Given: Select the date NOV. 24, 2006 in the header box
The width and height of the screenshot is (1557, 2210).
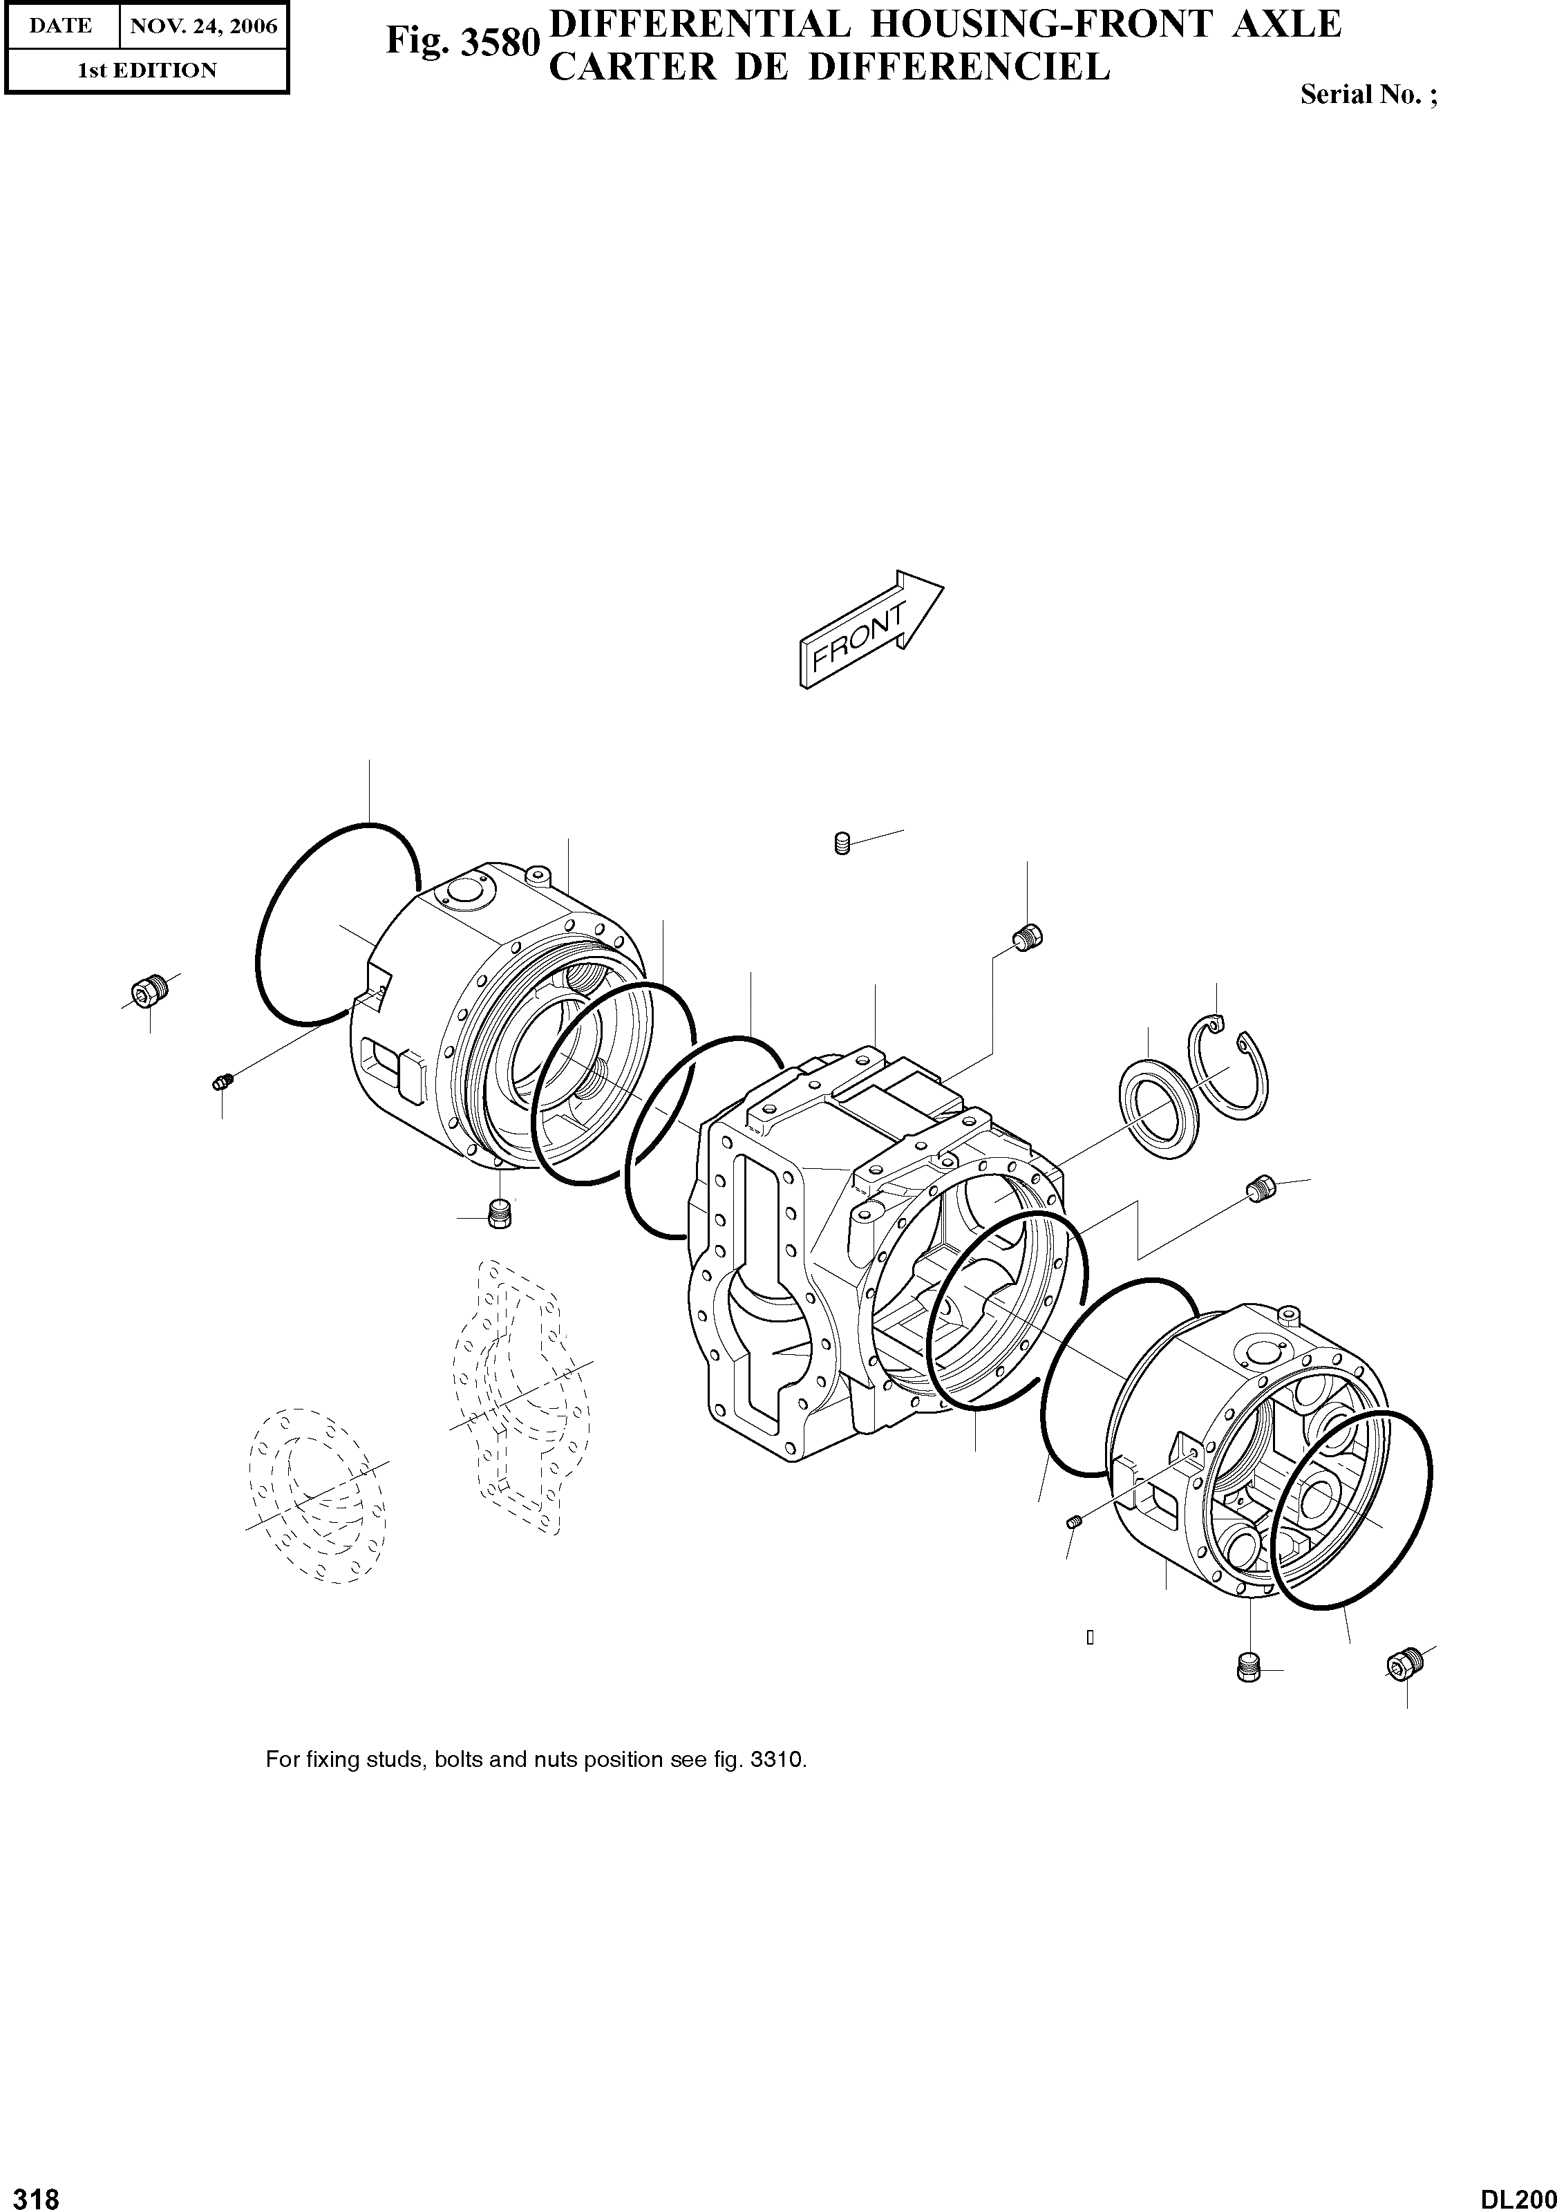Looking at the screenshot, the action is (204, 26).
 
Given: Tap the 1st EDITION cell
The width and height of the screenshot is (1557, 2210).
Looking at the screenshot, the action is (147, 71).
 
